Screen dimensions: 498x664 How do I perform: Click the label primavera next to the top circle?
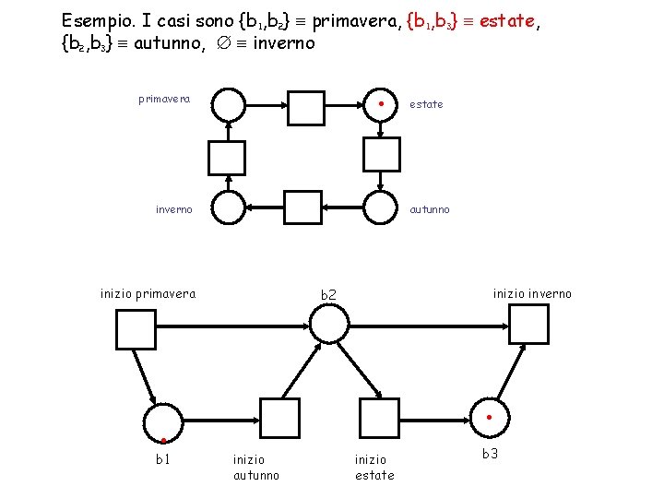164,99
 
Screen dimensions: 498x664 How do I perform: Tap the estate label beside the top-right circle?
426,104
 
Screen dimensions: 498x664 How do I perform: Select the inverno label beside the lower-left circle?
173,209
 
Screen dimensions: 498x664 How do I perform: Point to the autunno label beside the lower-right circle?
430,209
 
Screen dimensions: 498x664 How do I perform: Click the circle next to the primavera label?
229,105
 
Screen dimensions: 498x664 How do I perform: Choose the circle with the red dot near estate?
380,105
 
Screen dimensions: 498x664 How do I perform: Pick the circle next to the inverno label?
229,208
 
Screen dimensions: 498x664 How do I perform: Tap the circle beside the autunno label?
380,208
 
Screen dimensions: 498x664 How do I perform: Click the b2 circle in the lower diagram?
329,324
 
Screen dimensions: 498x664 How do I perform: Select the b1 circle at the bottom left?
162,423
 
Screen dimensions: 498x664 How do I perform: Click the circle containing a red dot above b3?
489,420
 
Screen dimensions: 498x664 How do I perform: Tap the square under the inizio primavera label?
136,329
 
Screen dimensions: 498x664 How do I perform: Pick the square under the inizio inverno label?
529,324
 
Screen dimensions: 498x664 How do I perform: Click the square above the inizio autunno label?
280,419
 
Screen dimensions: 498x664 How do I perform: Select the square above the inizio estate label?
378,419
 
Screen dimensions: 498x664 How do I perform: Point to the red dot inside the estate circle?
381,103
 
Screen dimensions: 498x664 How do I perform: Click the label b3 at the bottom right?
491,454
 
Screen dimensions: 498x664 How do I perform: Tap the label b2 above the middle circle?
329,295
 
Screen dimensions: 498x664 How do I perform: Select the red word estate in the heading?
502,20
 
